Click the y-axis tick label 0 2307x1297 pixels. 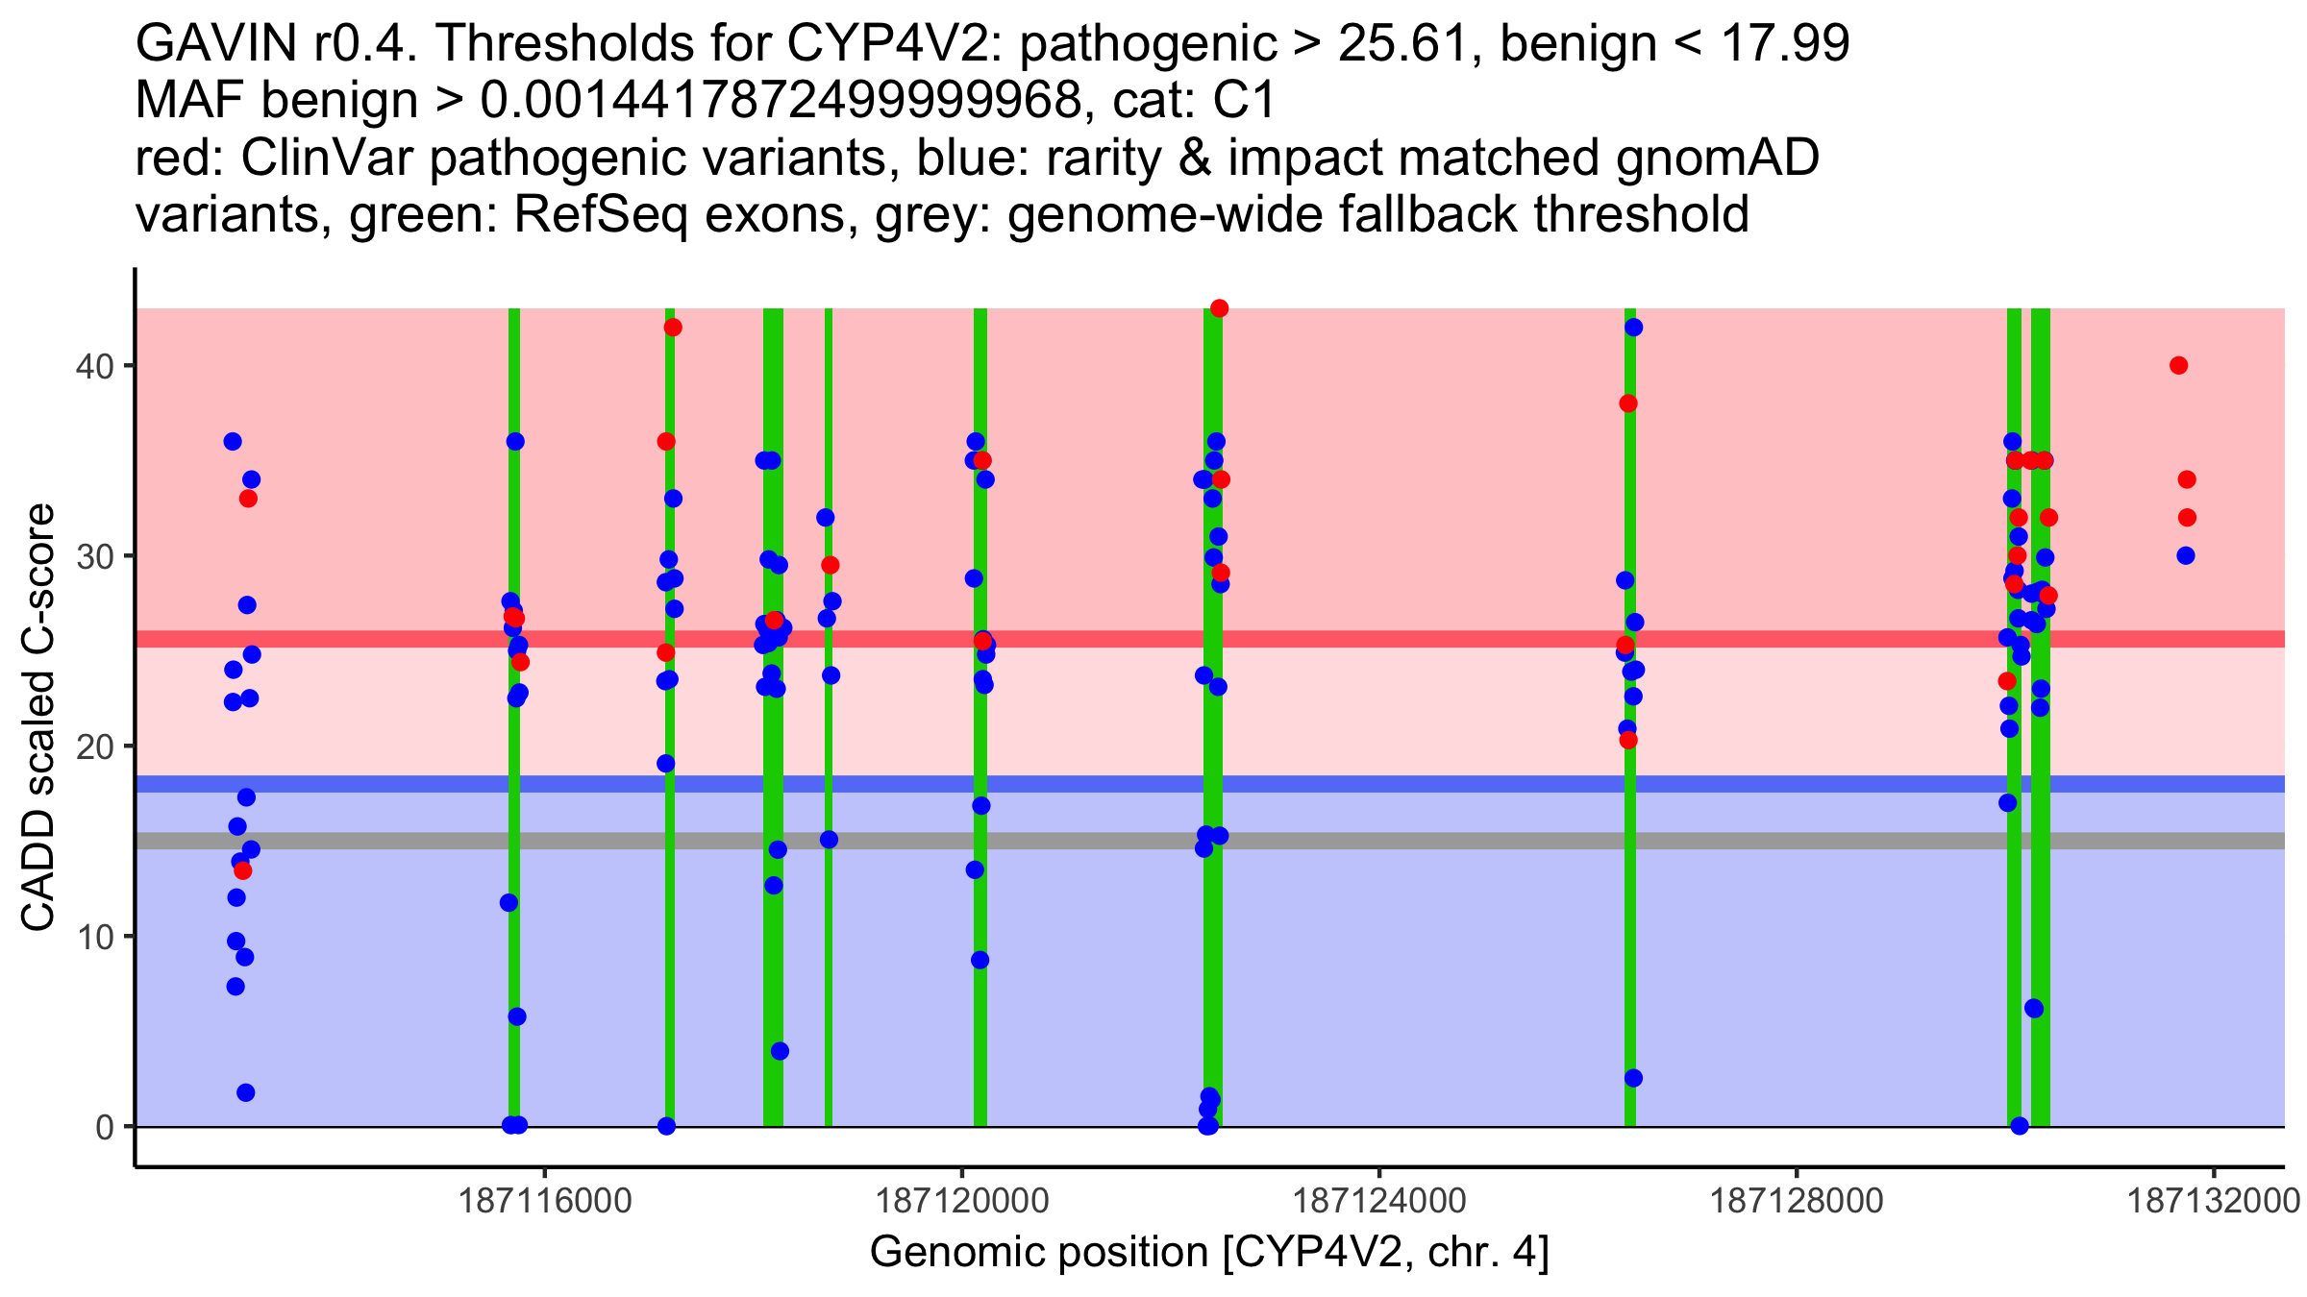[104, 1127]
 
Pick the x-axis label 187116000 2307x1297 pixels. [545, 1201]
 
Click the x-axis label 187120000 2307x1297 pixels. [962, 1201]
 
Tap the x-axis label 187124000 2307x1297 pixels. [1379, 1201]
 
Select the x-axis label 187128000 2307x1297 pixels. [1797, 1201]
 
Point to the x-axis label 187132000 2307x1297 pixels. [2213, 1201]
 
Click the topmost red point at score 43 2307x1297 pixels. [1220, 308]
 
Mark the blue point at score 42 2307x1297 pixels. [1634, 328]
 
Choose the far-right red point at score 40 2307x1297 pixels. [2179, 365]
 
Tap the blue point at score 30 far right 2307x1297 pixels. [2186, 555]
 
